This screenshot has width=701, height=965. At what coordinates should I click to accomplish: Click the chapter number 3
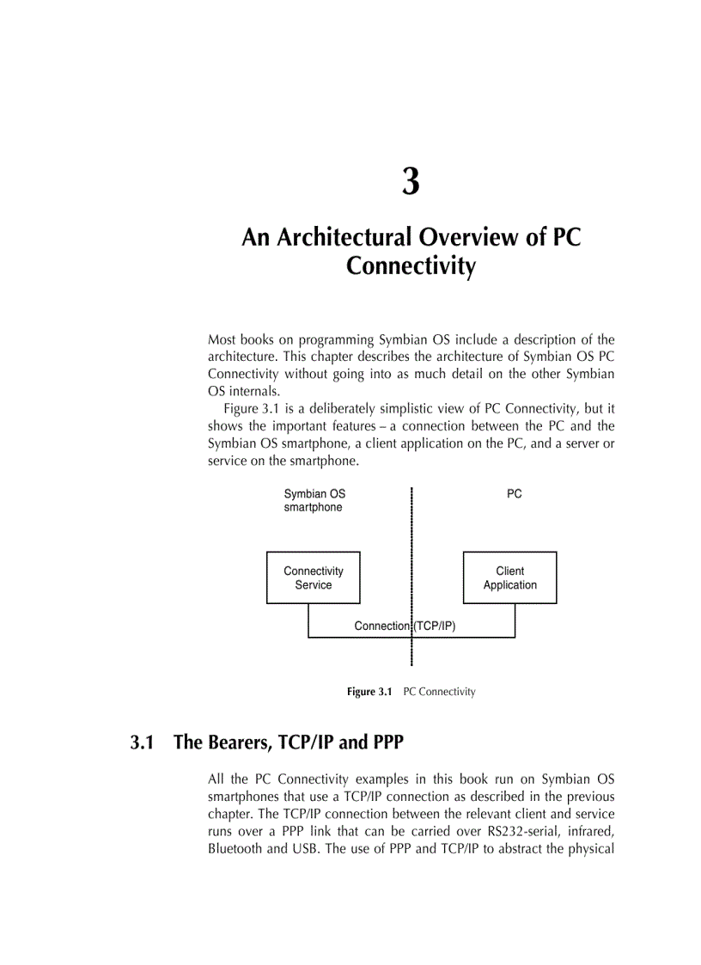411,181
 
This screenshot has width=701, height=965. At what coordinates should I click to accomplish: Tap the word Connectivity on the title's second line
411,266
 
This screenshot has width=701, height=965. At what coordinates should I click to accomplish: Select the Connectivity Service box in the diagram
313,577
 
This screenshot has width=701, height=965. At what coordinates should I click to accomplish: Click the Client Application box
509,577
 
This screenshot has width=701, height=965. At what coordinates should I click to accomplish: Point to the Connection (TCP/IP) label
405,626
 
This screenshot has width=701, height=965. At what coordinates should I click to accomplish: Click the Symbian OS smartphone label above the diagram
314,501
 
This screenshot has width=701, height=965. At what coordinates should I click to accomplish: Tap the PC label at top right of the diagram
514,494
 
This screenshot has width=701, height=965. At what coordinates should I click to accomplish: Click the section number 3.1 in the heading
142,742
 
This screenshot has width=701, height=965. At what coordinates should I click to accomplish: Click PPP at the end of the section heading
383,742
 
